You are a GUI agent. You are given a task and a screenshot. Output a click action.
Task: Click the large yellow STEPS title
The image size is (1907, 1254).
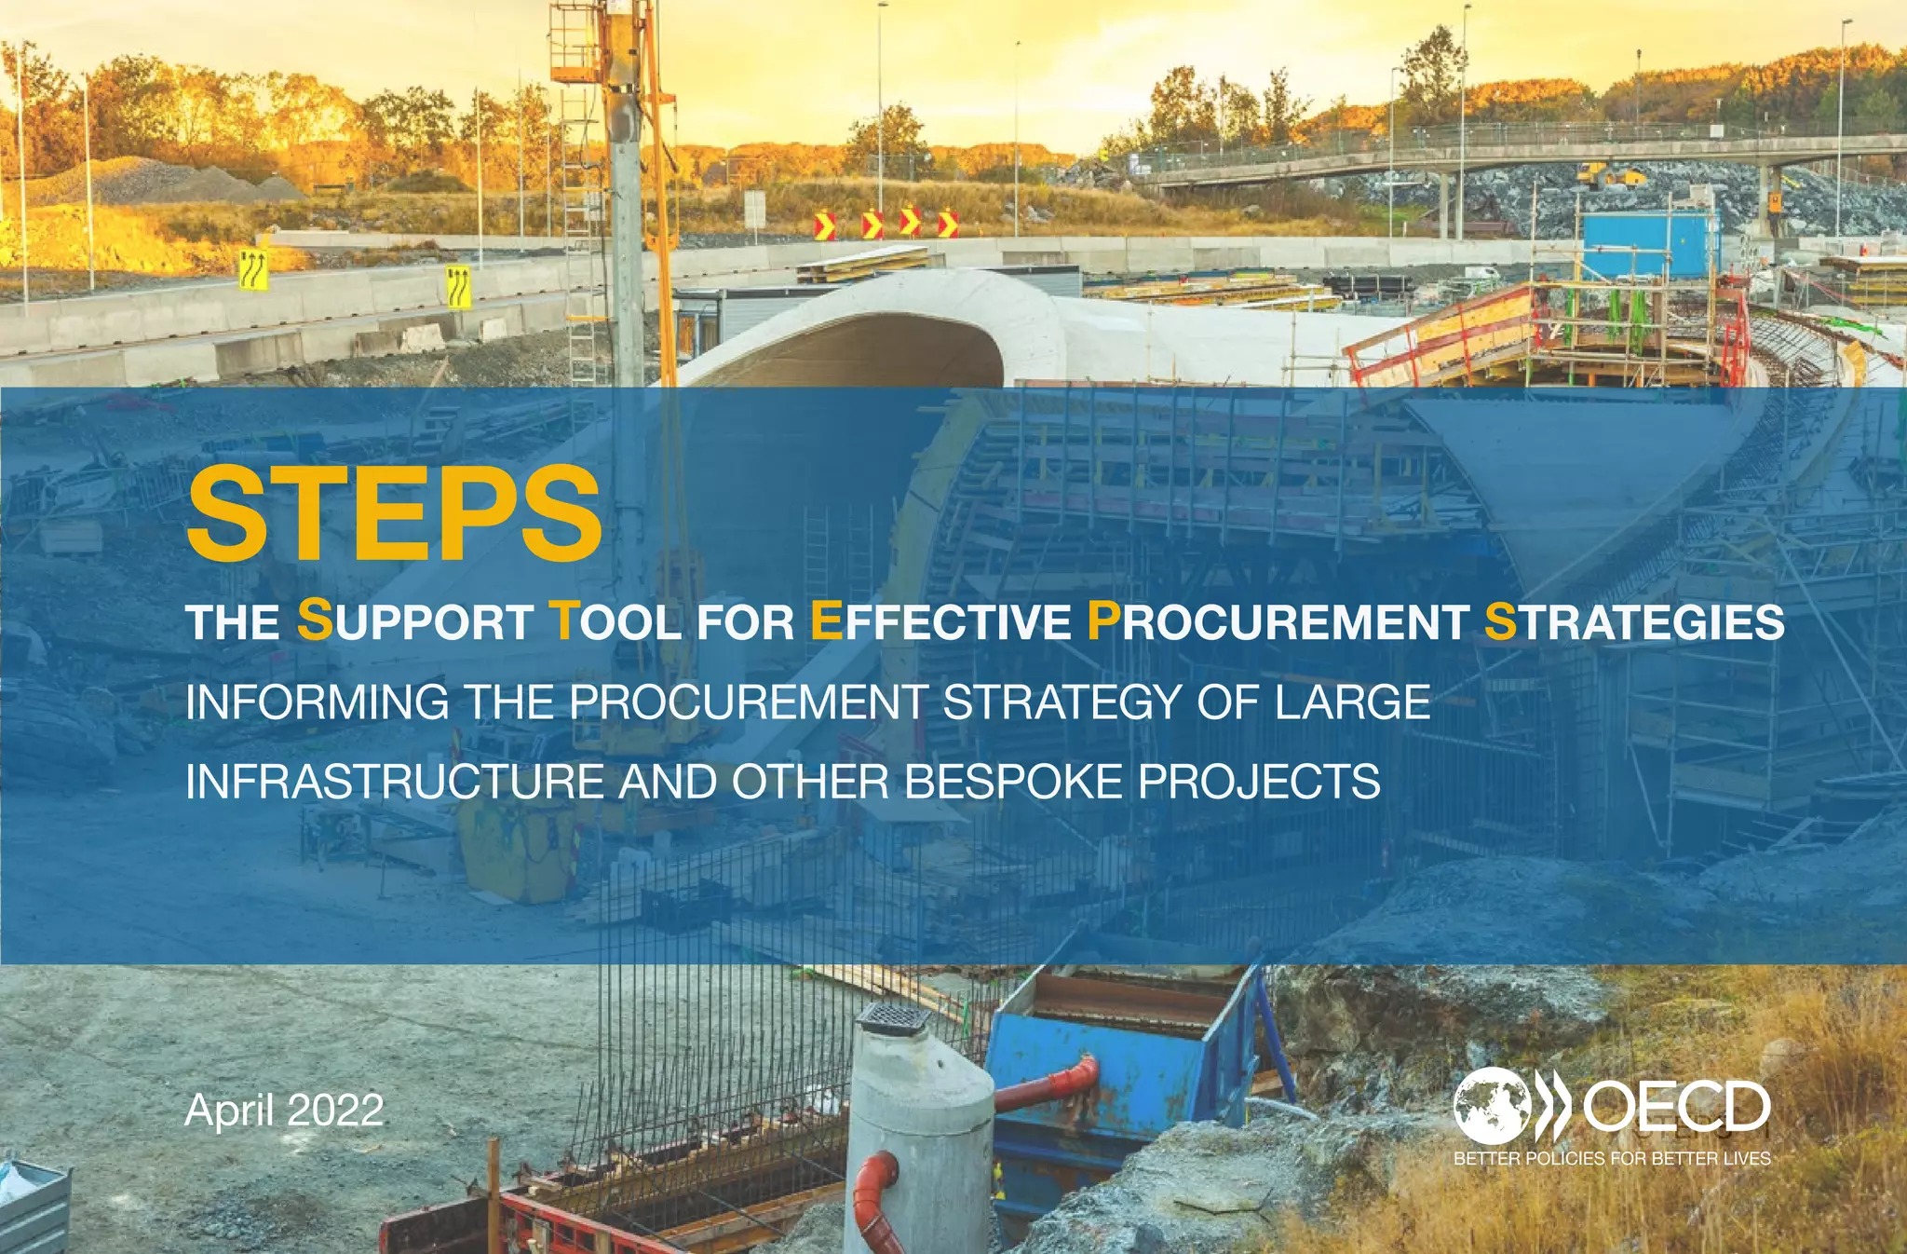pyautogui.click(x=395, y=514)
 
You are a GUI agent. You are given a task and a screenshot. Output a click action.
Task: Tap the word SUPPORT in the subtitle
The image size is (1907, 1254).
pyautogui.click(x=415, y=621)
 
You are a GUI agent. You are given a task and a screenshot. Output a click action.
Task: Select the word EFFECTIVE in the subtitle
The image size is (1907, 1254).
pyautogui.click(x=940, y=621)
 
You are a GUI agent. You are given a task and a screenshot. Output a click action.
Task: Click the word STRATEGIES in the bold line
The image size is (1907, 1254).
pyautogui.click(x=1634, y=621)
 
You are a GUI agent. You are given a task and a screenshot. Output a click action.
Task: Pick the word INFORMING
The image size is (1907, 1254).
pyautogui.click(x=318, y=702)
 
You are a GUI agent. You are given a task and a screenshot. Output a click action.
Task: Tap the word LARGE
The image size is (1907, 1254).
pyautogui.click(x=1352, y=702)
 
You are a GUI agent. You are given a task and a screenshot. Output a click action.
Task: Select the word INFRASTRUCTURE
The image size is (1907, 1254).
pyautogui.click(x=395, y=782)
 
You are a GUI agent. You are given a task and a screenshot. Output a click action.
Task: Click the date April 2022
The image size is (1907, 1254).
pyautogui.click(x=284, y=1111)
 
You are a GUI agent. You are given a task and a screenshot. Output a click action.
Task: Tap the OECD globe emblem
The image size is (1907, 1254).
pyautogui.click(x=1492, y=1107)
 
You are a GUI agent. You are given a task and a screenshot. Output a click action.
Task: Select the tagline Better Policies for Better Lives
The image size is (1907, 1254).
pyautogui.click(x=1612, y=1159)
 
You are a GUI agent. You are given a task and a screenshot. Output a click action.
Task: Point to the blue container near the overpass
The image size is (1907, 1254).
pyautogui.click(x=1650, y=244)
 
